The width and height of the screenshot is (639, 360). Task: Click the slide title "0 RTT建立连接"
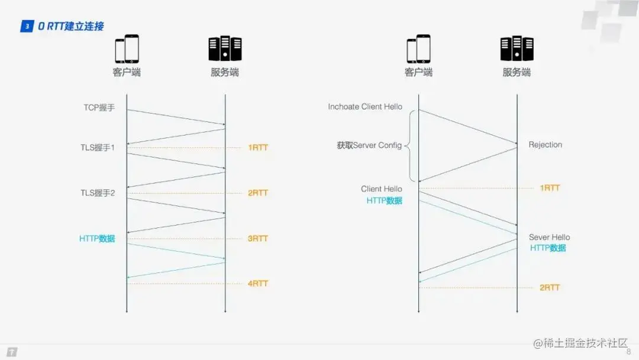(x=71, y=27)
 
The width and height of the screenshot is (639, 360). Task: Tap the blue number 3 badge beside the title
(x=27, y=27)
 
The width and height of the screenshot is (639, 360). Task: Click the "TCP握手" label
(x=99, y=108)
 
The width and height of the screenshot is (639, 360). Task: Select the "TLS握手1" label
(x=98, y=147)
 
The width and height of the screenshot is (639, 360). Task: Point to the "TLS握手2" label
(x=98, y=193)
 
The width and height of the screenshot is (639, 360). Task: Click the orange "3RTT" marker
(x=258, y=239)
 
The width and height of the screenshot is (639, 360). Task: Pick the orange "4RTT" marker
(x=258, y=284)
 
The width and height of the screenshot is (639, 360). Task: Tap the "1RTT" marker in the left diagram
(x=258, y=147)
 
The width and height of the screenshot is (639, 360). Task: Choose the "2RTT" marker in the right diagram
(x=550, y=288)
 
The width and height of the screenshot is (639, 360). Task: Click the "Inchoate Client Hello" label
(x=365, y=107)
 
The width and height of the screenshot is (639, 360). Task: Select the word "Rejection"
(x=546, y=145)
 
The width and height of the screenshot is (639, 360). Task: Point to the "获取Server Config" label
(x=369, y=146)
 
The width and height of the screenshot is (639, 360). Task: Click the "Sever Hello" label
(x=550, y=237)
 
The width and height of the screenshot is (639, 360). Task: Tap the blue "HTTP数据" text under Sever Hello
(x=548, y=248)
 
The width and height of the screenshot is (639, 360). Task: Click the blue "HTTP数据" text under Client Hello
(x=384, y=201)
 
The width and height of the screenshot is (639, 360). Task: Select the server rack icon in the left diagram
(x=225, y=49)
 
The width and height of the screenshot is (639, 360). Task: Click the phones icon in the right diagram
(x=419, y=49)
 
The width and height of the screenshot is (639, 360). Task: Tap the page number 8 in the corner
(x=628, y=352)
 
